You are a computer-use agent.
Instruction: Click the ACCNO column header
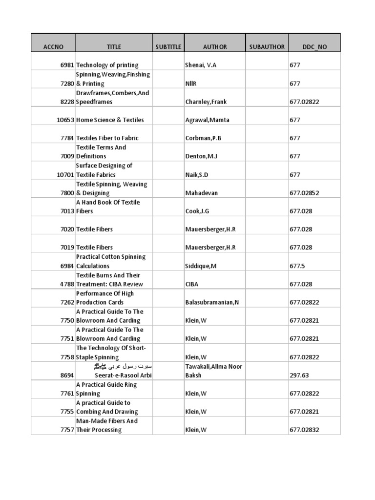53,47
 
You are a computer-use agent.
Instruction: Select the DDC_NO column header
314,47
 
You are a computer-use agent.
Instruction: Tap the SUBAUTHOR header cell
267,47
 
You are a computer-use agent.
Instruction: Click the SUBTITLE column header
168,47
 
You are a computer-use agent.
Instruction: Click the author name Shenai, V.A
201,65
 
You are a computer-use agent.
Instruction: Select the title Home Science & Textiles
110,120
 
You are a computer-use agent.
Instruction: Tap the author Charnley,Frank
206,102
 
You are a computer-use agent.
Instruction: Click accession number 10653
63,120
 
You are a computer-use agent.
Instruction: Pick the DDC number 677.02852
304,193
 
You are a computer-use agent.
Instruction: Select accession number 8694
65,375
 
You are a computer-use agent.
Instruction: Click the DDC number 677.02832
304,430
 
